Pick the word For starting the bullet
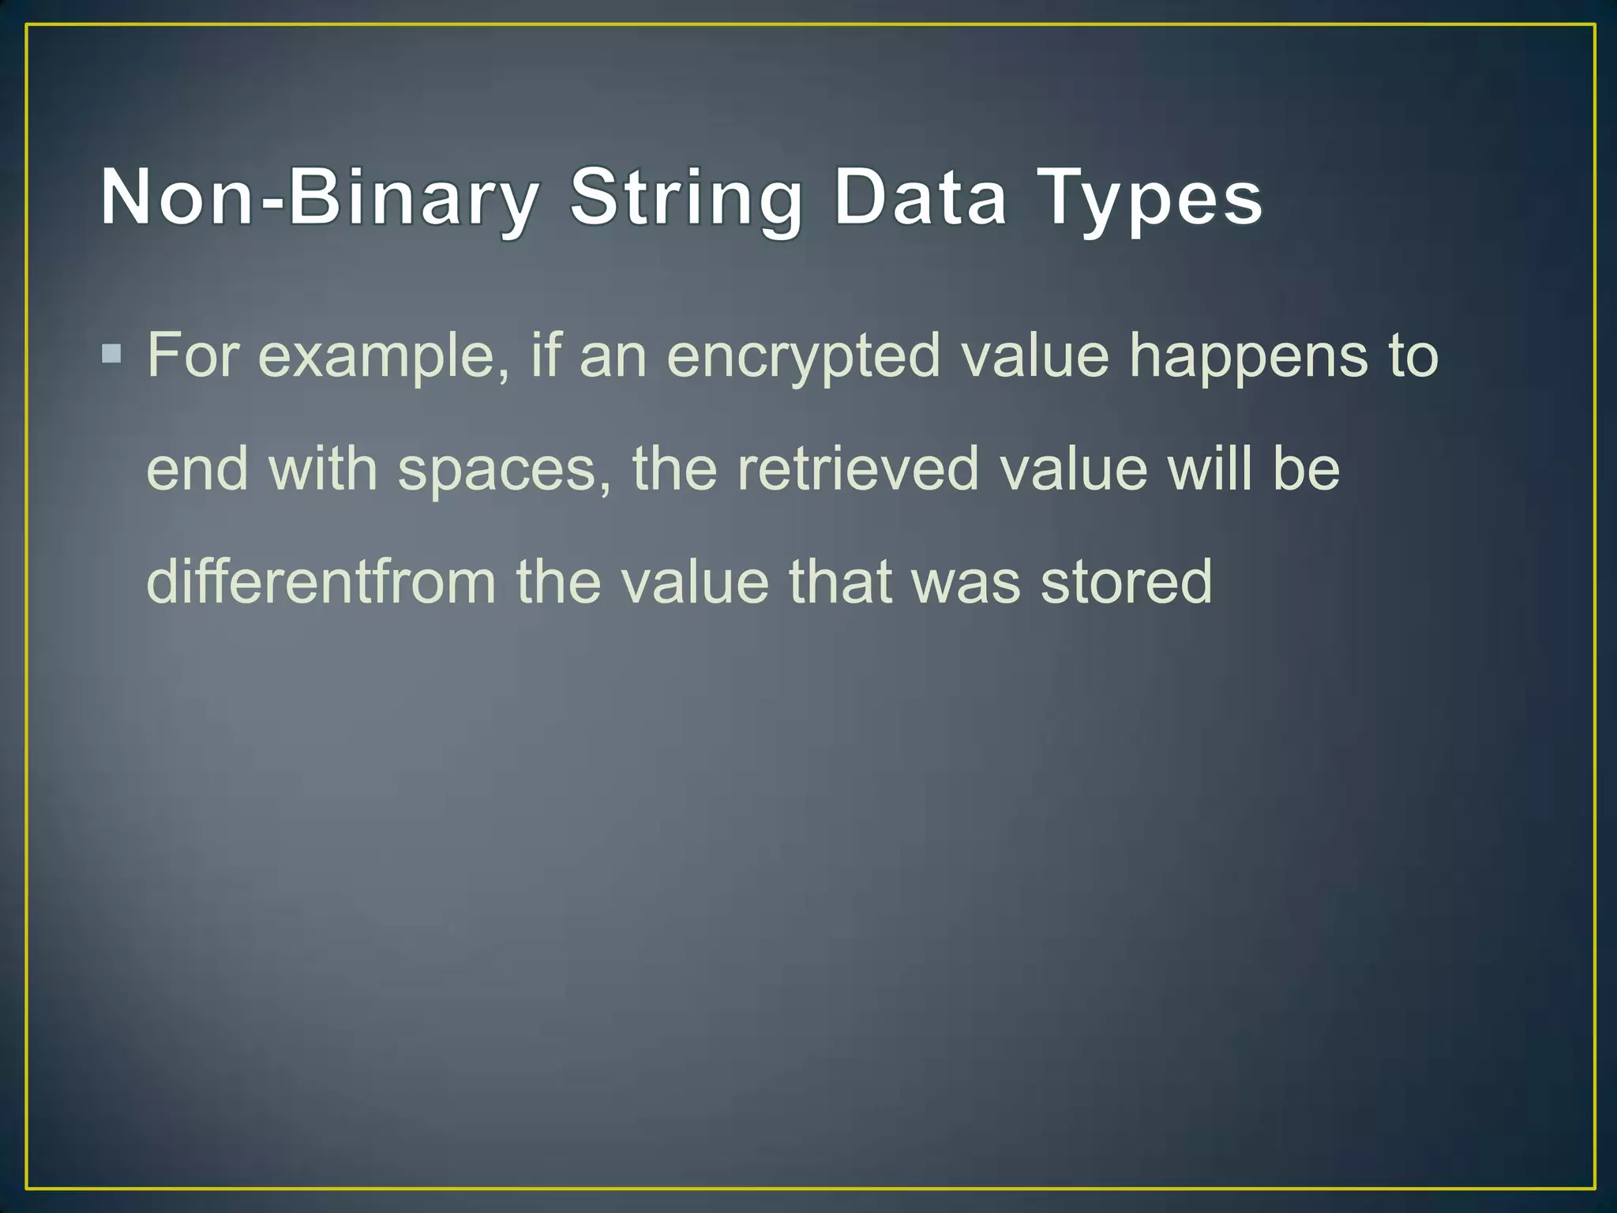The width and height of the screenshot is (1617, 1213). tap(193, 355)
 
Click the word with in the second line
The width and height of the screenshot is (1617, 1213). tap(323, 468)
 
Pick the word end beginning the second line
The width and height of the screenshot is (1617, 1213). tap(197, 468)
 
